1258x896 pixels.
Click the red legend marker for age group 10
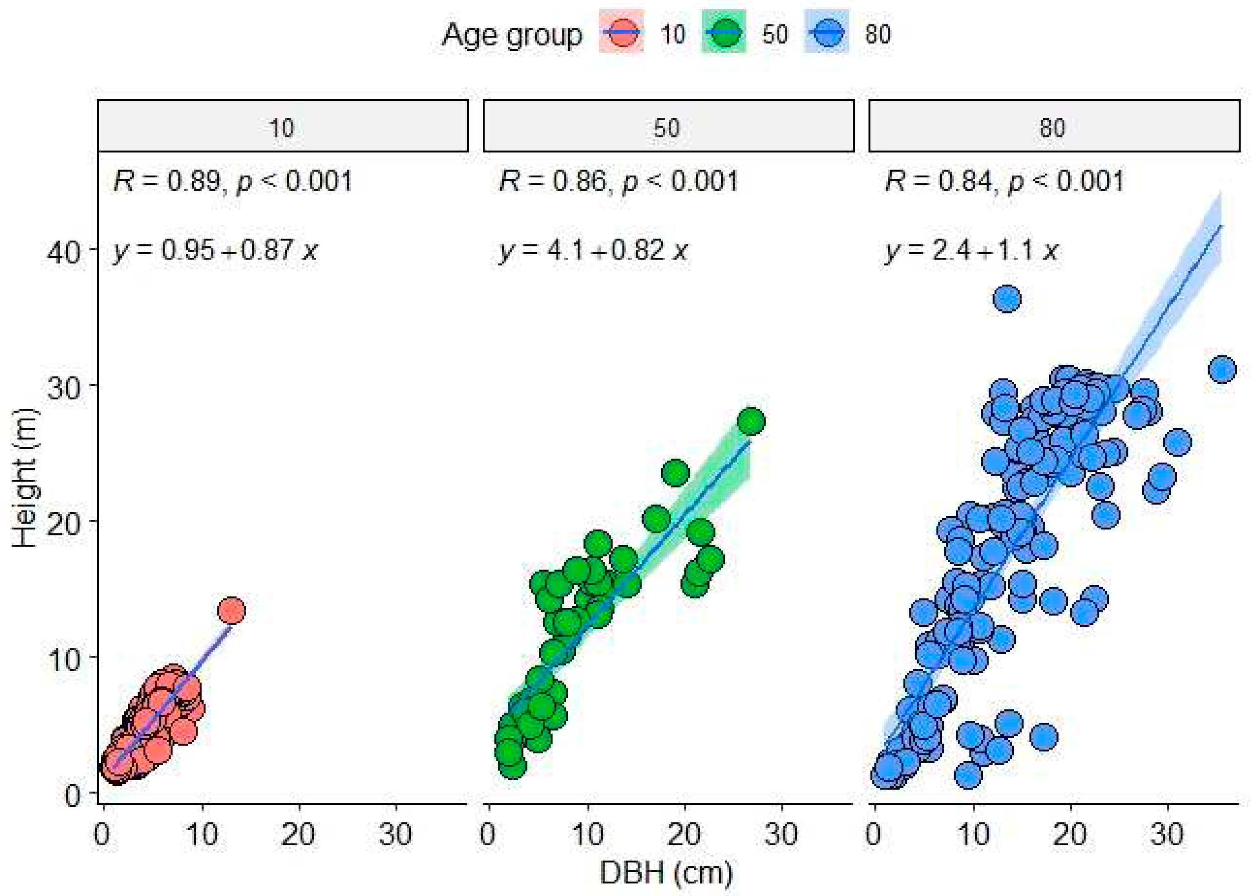622,34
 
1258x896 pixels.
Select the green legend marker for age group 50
724,34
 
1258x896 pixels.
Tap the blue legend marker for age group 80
826,34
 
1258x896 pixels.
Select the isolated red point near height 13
231,611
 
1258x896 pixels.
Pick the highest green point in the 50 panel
750,422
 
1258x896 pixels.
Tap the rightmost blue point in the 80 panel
1221,370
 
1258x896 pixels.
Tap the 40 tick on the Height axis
63,252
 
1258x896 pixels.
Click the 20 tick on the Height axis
63,521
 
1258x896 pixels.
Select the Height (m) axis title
25,479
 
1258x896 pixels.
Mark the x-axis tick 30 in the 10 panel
395,835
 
